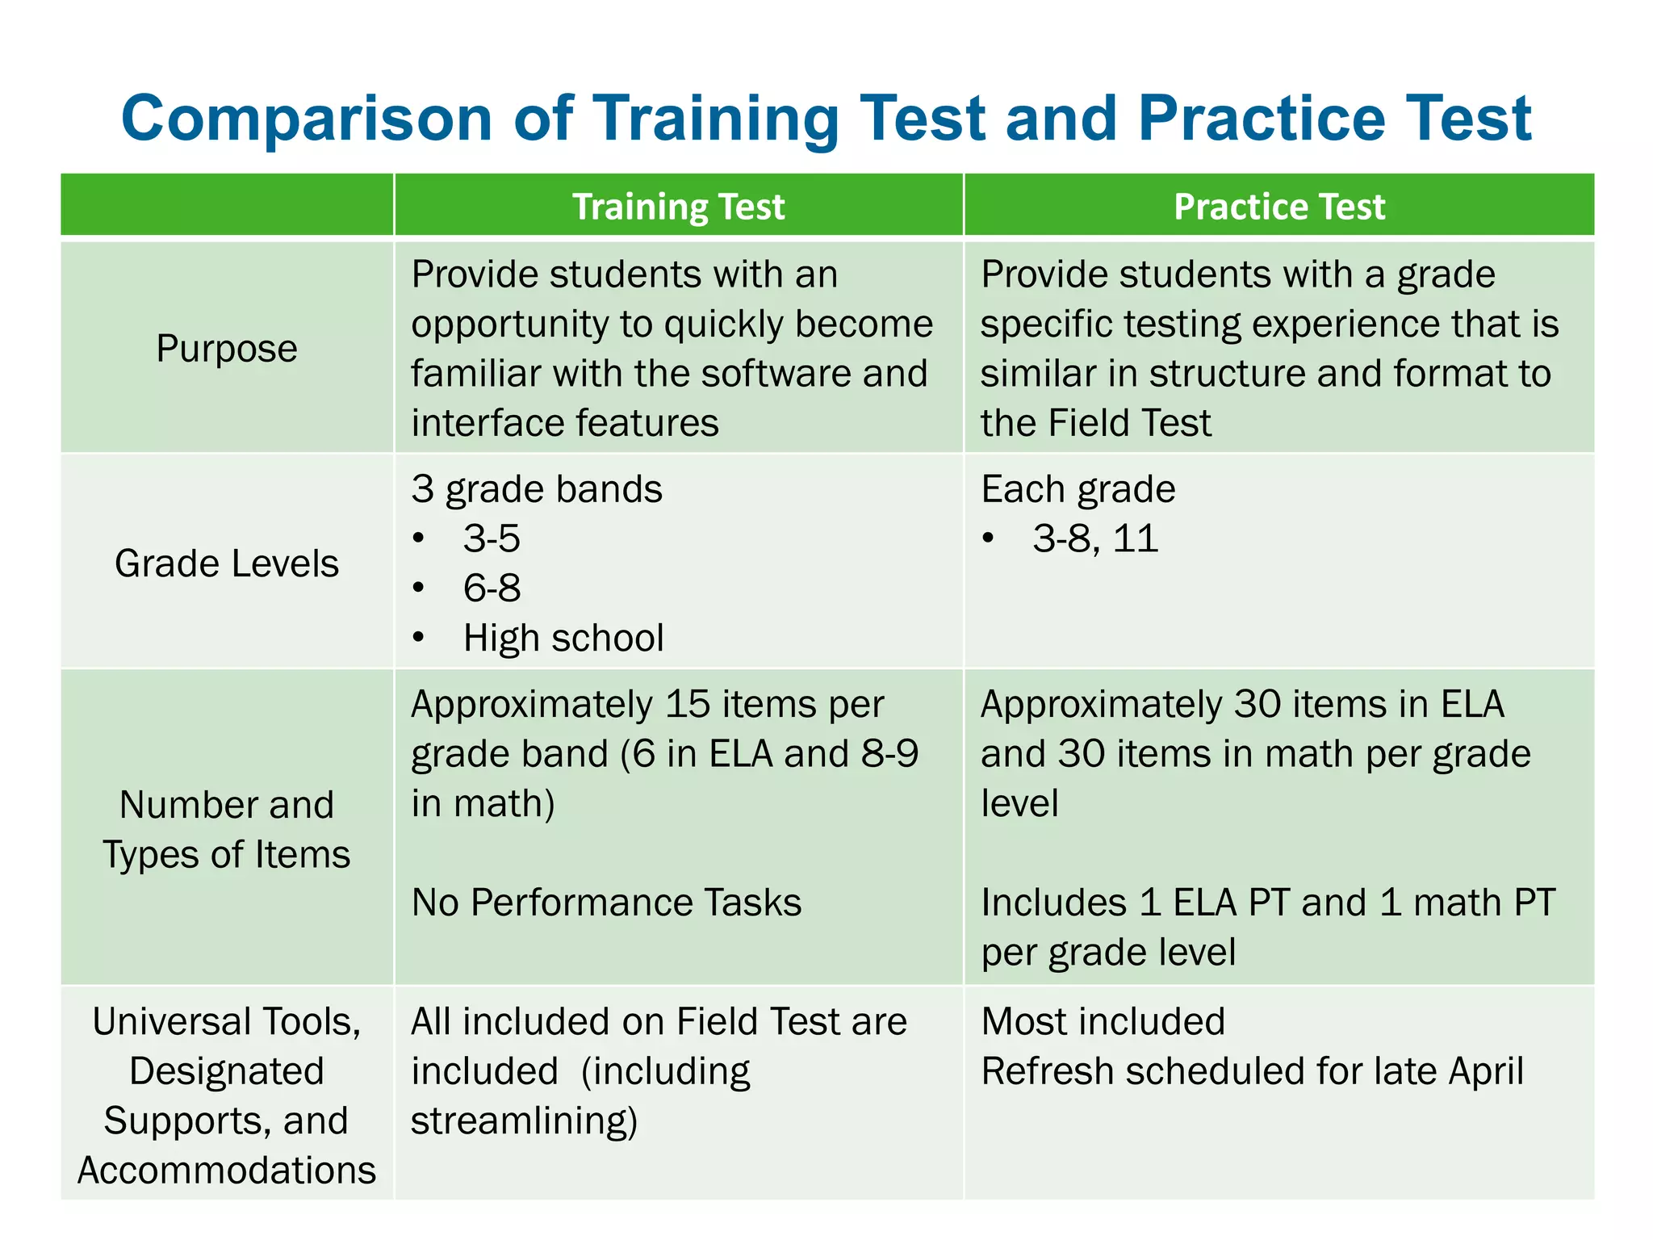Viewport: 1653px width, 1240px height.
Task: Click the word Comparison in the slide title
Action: pos(307,119)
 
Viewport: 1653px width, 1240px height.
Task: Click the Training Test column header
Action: pos(678,207)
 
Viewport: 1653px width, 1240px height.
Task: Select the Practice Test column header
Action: pos(1278,207)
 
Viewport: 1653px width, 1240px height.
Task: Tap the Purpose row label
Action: pos(227,349)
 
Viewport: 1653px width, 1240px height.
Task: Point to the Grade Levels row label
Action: pos(227,563)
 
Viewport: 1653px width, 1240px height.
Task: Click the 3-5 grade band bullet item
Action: pos(492,538)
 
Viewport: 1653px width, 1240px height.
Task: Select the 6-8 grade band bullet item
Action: pos(492,589)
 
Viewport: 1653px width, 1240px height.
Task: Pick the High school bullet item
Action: pos(563,639)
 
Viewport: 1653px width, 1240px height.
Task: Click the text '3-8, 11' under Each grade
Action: pos(1095,538)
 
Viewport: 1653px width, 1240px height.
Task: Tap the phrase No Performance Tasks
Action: pos(606,903)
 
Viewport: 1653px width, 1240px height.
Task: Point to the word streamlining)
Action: pos(525,1121)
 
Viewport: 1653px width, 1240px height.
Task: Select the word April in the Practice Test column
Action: pos(1486,1072)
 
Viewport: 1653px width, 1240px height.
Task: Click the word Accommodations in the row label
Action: pos(227,1171)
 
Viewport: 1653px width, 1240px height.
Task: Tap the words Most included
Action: pos(1103,1022)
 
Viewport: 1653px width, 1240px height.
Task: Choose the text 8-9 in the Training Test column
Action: pos(889,754)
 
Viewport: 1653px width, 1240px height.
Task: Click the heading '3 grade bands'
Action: pos(537,489)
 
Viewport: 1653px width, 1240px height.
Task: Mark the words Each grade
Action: pos(1078,489)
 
